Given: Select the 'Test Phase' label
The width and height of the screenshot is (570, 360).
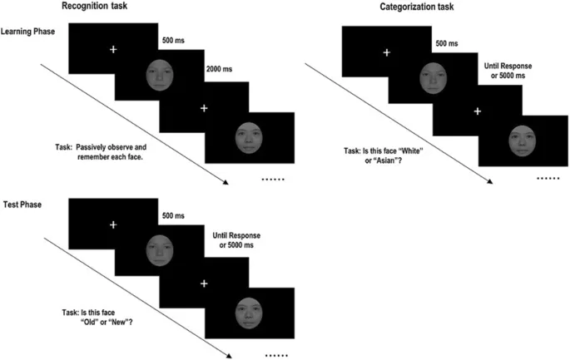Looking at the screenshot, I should (x=22, y=203).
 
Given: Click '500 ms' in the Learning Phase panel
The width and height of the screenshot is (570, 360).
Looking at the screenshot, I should (x=174, y=38).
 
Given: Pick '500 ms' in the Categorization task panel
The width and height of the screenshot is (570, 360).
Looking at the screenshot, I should (x=449, y=40).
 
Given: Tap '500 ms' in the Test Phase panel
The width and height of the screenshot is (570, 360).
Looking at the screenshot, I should (x=174, y=215).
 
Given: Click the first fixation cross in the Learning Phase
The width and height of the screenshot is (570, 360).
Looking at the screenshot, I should (x=114, y=51).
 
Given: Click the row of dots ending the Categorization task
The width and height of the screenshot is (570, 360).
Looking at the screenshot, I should (x=548, y=178).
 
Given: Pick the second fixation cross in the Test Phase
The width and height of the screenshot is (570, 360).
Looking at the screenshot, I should (x=204, y=283).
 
